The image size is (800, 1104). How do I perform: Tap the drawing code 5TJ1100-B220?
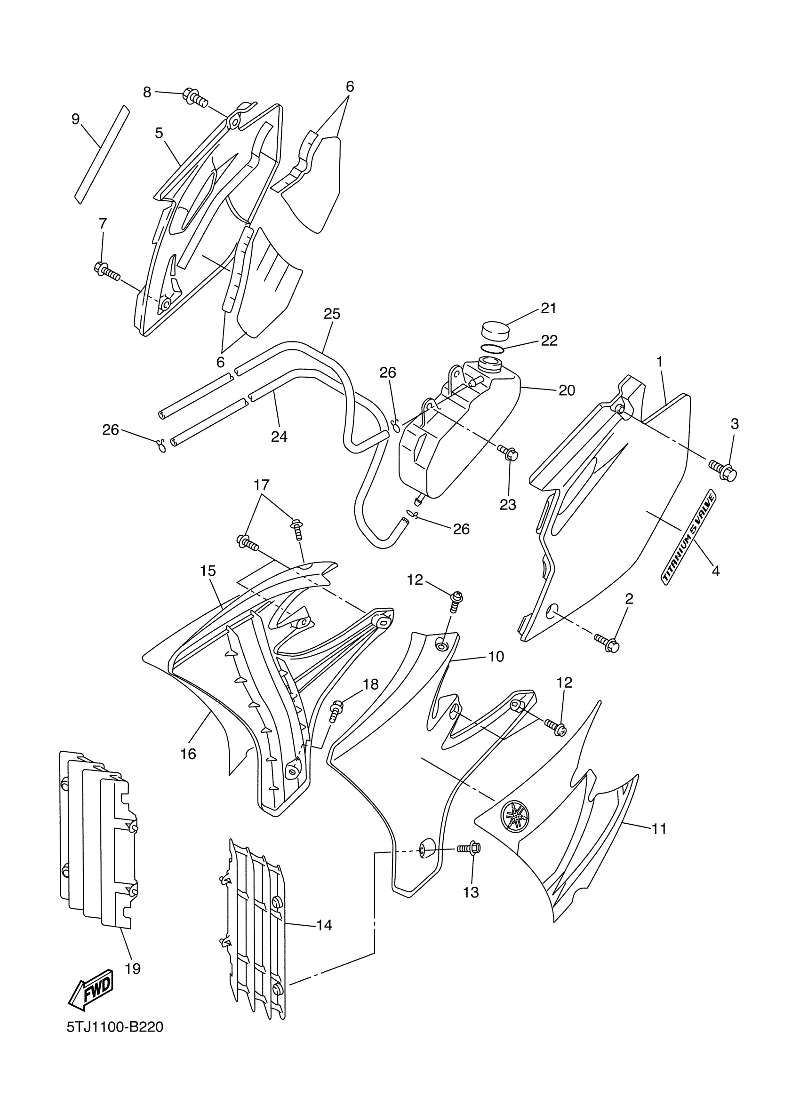[x=115, y=1041]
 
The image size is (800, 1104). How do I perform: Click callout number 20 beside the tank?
[x=567, y=390]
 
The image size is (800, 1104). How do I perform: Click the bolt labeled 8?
[x=195, y=97]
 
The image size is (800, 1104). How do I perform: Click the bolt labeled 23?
[x=508, y=453]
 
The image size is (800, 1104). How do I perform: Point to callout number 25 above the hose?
[x=332, y=314]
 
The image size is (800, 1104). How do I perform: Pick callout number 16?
[x=188, y=754]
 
